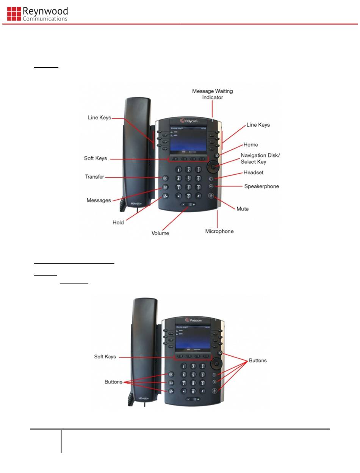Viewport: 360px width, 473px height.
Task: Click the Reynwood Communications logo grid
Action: click(14, 13)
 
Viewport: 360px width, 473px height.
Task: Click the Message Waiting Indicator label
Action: click(212, 94)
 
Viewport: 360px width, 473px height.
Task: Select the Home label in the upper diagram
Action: click(251, 144)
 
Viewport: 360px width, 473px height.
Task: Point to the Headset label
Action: click(253, 172)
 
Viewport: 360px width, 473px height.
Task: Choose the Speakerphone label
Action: click(261, 186)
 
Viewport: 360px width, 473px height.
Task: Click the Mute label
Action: click(243, 208)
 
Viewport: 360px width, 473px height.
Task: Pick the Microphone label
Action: click(219, 231)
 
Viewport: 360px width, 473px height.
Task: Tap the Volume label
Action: click(160, 233)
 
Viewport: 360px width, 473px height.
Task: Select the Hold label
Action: click(118, 222)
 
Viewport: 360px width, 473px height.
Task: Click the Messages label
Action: click(99, 200)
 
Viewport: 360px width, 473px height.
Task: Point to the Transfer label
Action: click(94, 177)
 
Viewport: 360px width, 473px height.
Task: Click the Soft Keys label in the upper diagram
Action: click(95, 158)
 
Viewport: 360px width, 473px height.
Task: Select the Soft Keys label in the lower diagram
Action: click(105, 357)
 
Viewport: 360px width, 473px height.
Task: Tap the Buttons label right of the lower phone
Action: click(258, 360)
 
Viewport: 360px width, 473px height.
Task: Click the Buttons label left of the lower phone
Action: click(113, 382)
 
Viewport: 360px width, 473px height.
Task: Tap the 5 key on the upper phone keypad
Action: click(188, 178)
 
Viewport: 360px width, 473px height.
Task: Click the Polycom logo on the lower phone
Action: click(193, 320)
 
